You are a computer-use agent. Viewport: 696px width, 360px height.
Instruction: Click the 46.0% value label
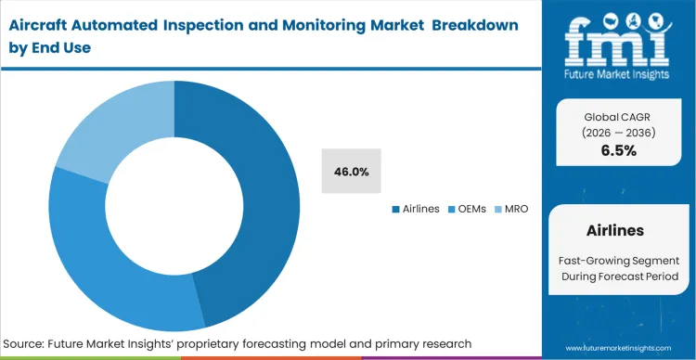click(x=352, y=172)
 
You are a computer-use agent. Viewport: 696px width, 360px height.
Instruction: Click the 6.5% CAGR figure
click(x=618, y=150)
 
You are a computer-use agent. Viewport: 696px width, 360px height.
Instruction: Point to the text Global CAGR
click(x=618, y=116)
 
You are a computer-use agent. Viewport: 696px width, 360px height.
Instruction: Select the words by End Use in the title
click(x=51, y=46)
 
